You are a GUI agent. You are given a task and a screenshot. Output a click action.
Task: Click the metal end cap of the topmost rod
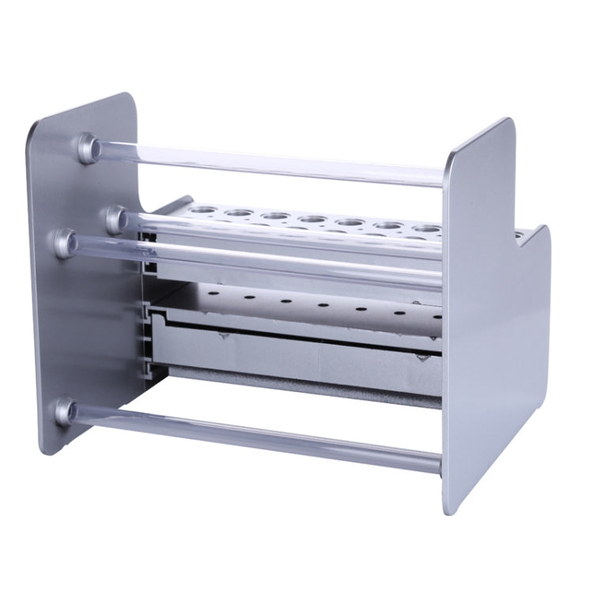tap(88, 148)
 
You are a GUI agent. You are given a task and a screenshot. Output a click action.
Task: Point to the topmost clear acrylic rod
tap(269, 164)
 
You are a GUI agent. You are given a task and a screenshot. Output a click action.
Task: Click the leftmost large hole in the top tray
tap(198, 210)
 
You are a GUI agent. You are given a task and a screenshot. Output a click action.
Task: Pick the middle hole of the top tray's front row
tap(311, 219)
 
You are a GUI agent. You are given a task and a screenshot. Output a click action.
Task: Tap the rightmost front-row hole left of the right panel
tap(427, 229)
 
